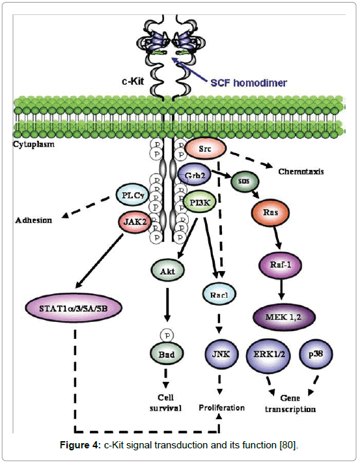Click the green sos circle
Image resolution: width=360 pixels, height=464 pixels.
[243, 182]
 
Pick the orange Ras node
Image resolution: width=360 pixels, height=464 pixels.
[265, 213]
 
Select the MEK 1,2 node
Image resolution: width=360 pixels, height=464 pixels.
[284, 317]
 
